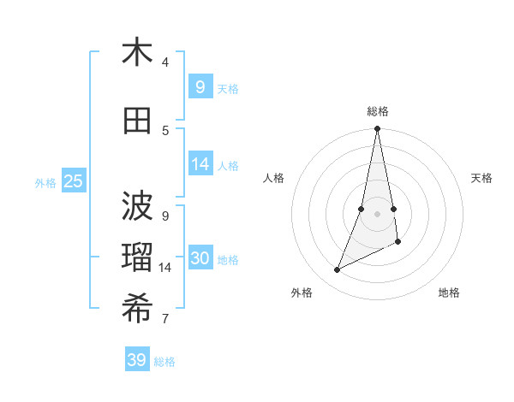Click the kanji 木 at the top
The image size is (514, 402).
[x=137, y=53]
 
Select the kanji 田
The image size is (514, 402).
[x=137, y=121]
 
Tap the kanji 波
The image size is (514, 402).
[x=137, y=205]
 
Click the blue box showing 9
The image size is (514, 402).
[x=200, y=86]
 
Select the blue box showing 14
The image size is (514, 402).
[x=200, y=164]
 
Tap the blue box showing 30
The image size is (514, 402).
[x=200, y=258]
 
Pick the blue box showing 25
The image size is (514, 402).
[x=73, y=181]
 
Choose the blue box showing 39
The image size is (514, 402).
[x=137, y=360]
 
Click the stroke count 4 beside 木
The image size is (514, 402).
[x=165, y=62]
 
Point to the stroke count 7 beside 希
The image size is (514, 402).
[x=165, y=319]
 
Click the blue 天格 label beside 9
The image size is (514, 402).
[x=228, y=88]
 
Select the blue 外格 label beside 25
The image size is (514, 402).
[x=45, y=182]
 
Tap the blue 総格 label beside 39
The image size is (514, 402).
[x=164, y=362]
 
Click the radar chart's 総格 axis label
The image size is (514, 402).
[x=378, y=111]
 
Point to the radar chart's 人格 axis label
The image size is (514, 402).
[x=274, y=178]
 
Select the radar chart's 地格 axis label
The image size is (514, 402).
[x=449, y=293]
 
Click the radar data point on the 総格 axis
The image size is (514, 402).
[x=377, y=129]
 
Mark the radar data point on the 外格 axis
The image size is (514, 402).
[x=337, y=270]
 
